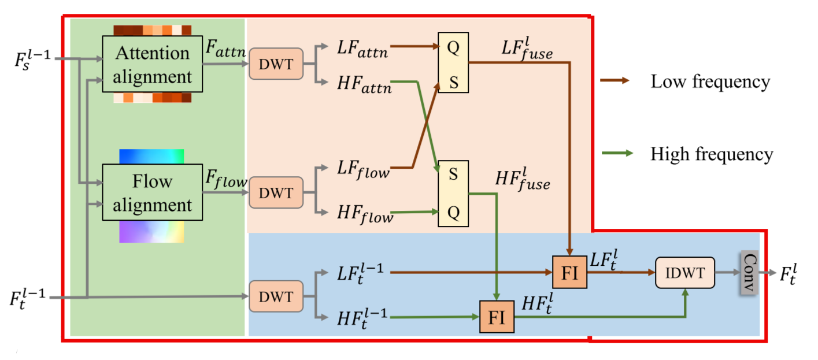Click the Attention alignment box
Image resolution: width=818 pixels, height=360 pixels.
(153, 64)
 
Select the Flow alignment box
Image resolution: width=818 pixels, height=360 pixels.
(153, 192)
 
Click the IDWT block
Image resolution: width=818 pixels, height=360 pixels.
(685, 272)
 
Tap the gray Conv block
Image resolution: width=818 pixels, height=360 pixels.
(749, 272)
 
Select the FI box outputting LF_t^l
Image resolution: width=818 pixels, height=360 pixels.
(569, 272)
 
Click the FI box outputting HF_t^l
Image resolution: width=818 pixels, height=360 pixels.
(497, 317)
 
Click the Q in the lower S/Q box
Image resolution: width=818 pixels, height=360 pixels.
(453, 212)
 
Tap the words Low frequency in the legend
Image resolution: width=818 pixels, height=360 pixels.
(710, 82)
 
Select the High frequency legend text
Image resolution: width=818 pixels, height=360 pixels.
(711, 154)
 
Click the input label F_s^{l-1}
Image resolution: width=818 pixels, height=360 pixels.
(29, 58)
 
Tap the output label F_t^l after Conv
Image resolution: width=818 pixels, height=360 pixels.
(795, 273)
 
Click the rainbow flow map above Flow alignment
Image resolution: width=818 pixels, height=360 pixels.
(151, 156)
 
